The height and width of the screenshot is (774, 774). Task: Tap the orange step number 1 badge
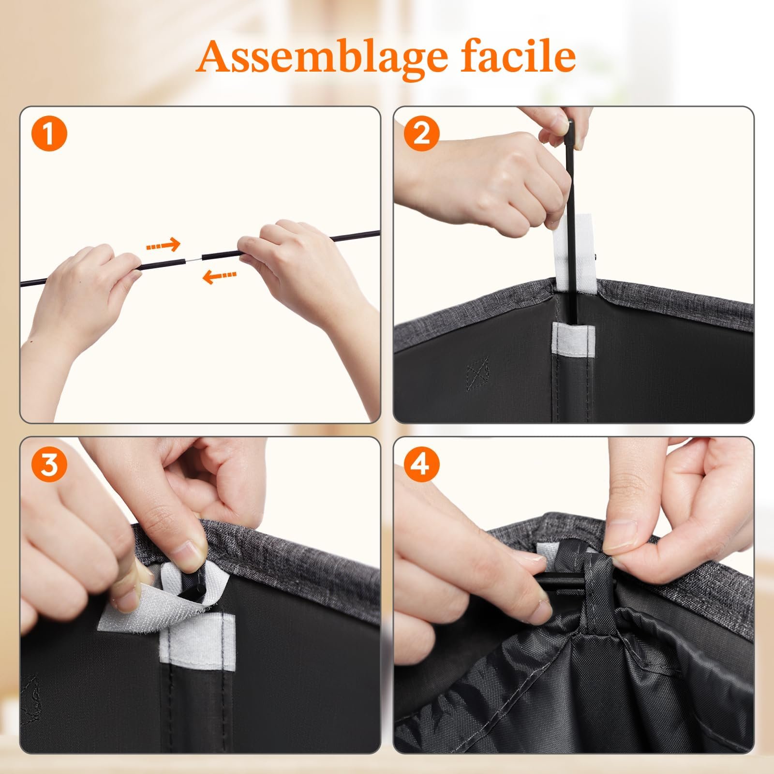[49, 134]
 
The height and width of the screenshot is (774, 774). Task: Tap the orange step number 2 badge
[422, 134]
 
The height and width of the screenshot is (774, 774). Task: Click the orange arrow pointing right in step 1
[163, 245]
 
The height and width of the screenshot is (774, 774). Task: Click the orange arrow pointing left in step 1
[219, 276]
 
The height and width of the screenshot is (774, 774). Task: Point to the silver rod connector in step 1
[194, 259]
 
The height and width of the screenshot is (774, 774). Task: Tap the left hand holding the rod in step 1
[82, 300]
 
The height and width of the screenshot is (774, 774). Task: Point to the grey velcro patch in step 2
[573, 341]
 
